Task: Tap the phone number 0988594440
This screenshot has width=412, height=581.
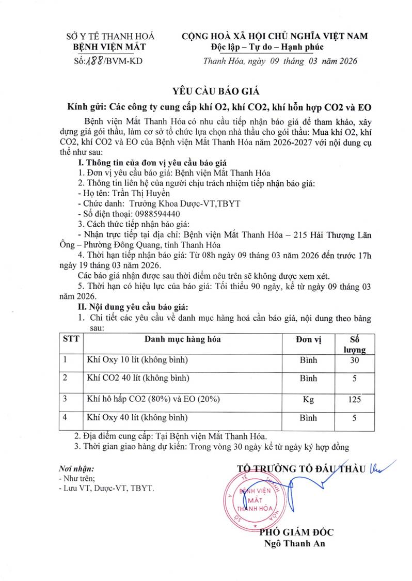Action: pos(157,213)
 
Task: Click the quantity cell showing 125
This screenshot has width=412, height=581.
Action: pos(354,398)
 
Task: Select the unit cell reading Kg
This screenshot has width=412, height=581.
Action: pos(308,398)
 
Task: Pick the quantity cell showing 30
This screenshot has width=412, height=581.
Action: pos(354,360)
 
